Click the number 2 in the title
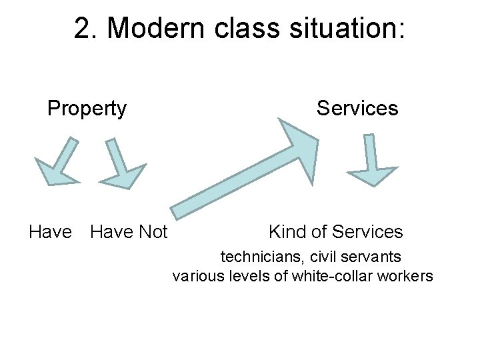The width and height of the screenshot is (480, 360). [83, 29]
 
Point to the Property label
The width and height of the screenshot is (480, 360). [87, 108]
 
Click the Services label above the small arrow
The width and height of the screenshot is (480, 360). [357, 108]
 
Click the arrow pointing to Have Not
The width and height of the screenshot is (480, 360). [122, 164]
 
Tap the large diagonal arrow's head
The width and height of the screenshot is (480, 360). [297, 141]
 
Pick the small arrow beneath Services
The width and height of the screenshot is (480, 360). [371, 160]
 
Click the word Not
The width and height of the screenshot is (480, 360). [152, 232]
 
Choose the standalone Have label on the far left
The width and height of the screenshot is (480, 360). [50, 232]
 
